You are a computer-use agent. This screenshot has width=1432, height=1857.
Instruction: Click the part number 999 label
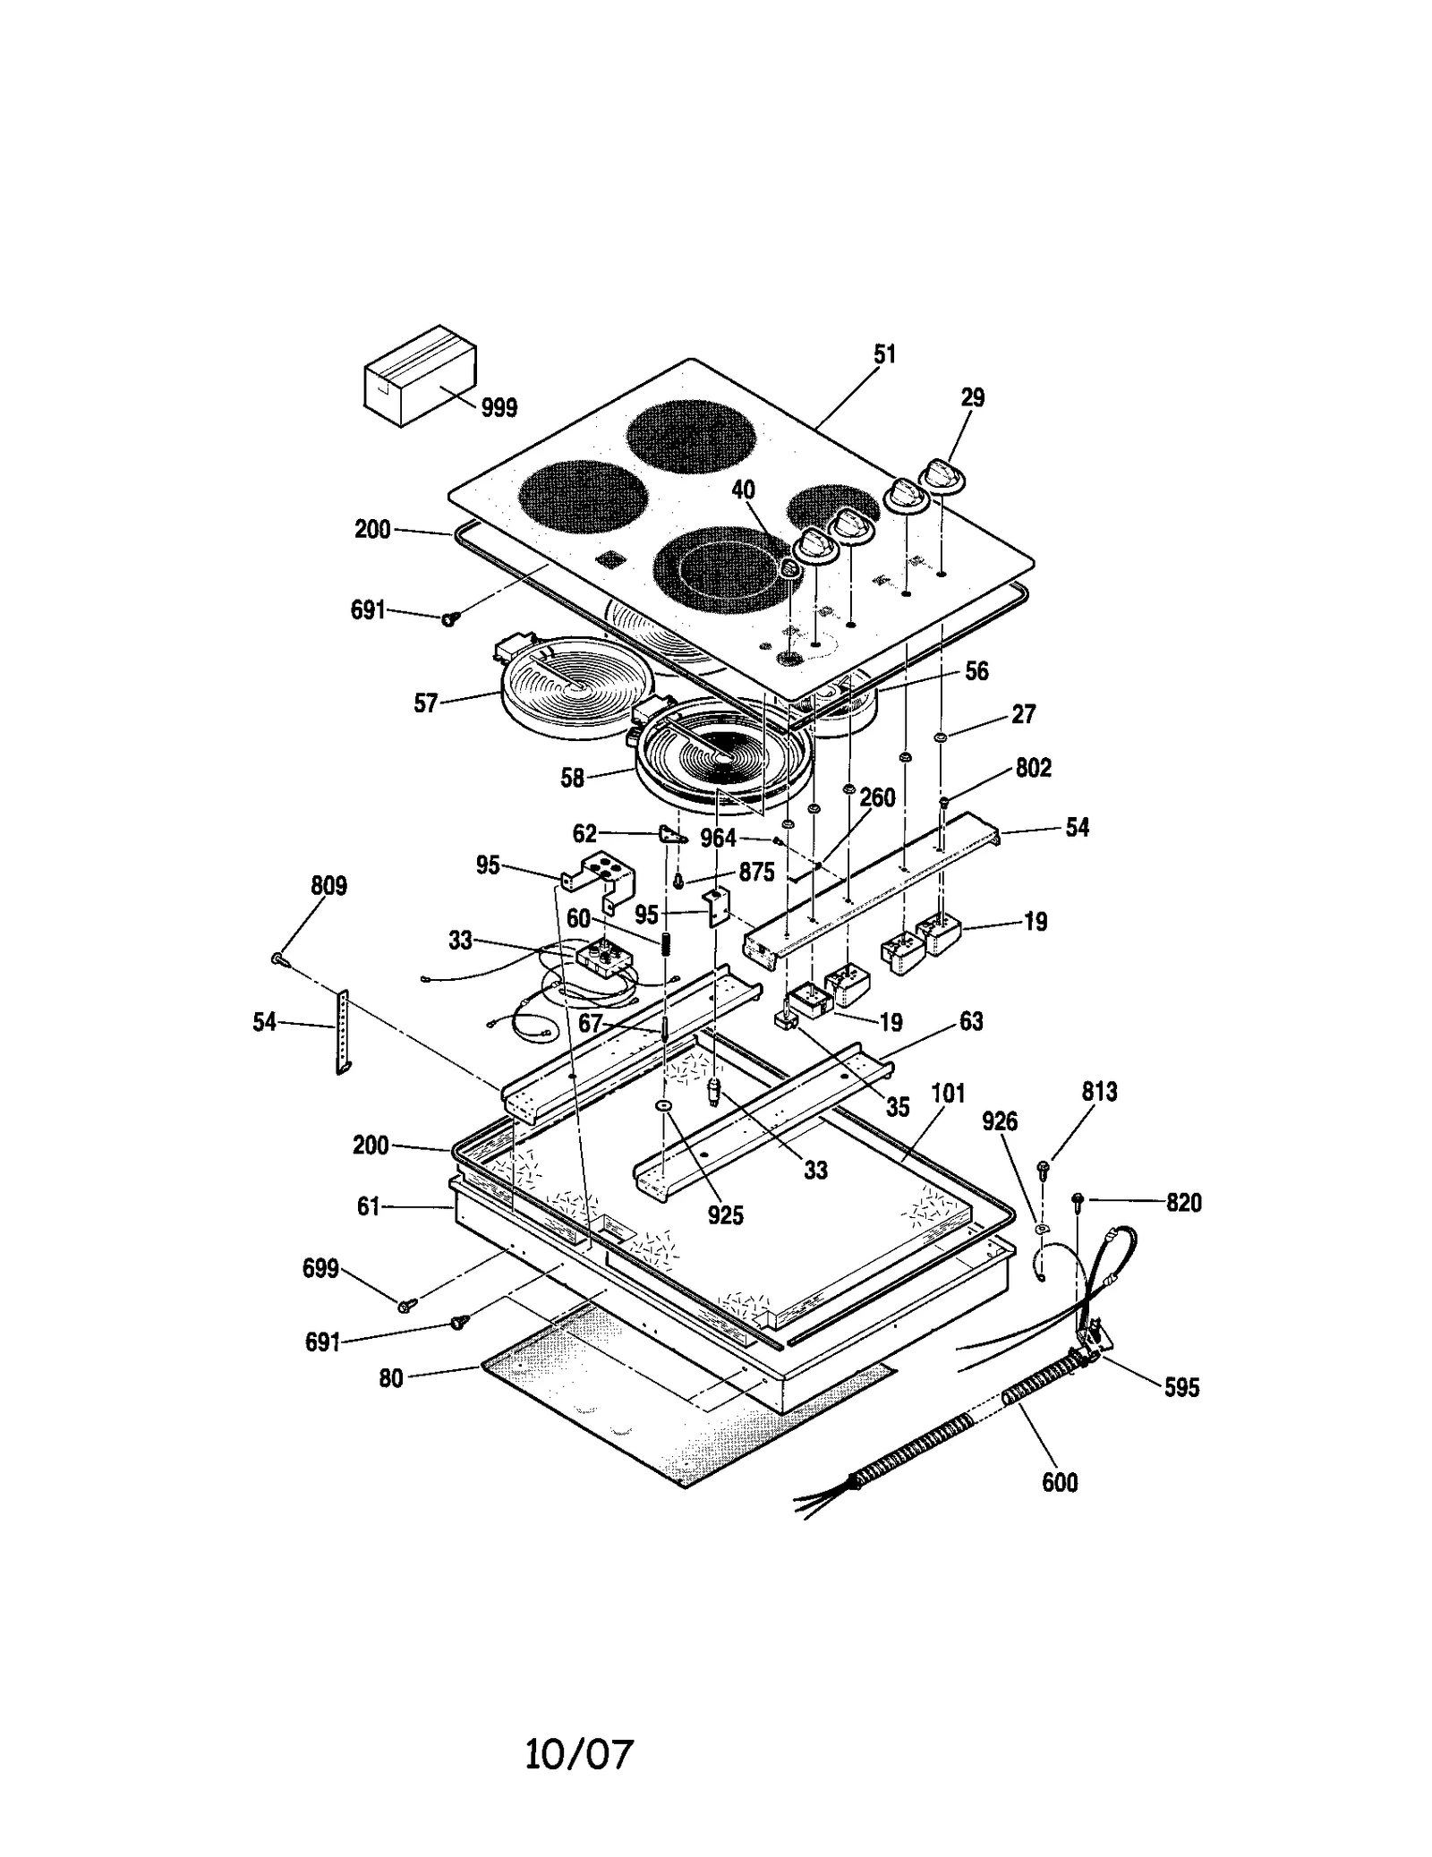click(499, 408)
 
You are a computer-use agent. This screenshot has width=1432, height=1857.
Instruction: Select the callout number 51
click(884, 354)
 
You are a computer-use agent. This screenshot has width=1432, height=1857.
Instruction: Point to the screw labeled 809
click(277, 958)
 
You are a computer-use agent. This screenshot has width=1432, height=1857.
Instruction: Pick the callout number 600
click(1060, 1483)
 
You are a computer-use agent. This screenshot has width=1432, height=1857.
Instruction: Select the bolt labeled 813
click(1043, 1166)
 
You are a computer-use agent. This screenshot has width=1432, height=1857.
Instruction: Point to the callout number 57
click(425, 703)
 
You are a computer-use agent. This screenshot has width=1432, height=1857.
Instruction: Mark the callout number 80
click(390, 1379)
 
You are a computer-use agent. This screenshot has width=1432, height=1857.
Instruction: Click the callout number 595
click(1181, 1387)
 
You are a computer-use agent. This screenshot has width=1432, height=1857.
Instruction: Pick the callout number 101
click(948, 1094)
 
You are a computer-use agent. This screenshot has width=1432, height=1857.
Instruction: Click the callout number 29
click(972, 397)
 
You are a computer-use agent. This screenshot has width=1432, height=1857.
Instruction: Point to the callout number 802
click(1033, 768)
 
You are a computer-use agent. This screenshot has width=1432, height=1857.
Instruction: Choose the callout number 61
click(368, 1206)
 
